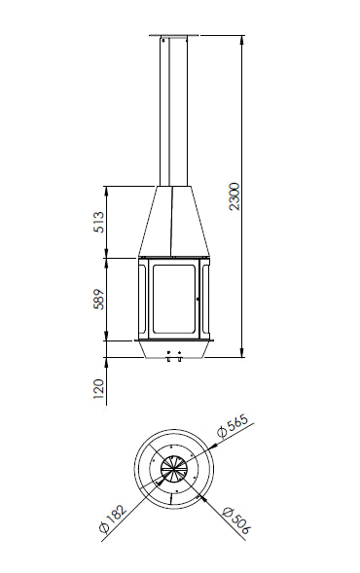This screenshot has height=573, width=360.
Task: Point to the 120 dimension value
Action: pos(98,390)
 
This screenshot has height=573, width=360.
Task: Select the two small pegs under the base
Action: pos(172,357)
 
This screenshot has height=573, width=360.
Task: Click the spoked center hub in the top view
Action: pos(172,470)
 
